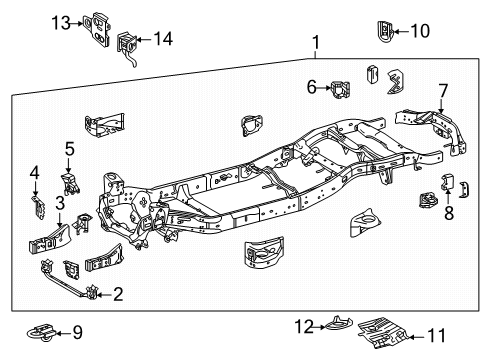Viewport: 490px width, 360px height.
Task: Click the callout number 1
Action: (316, 43)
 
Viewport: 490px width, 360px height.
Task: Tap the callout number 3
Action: (60, 203)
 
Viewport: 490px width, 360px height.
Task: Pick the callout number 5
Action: (69, 149)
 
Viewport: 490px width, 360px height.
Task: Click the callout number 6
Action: (311, 88)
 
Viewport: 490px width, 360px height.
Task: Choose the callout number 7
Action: (442, 91)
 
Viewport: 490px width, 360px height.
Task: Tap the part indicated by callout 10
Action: (386, 32)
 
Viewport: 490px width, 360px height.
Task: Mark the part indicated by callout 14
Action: (129, 44)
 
